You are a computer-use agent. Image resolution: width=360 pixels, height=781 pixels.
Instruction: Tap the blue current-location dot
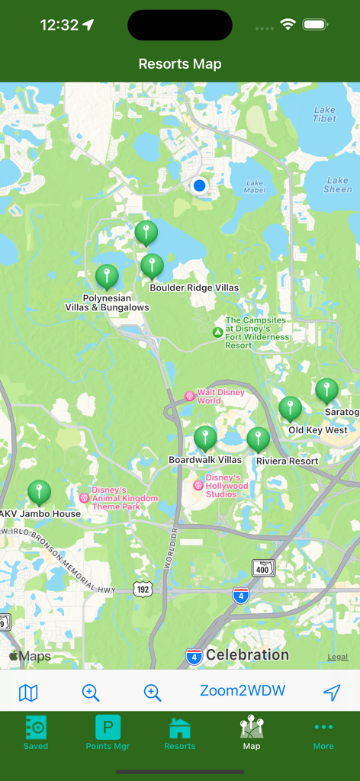(200, 185)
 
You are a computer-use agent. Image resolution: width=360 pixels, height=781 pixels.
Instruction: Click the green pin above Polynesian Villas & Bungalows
(107, 276)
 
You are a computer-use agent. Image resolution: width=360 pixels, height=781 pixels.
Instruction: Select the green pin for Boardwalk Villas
(205, 438)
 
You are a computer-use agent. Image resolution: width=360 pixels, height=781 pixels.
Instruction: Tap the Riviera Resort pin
(258, 439)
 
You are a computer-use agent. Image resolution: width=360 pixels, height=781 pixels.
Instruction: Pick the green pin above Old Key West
(290, 408)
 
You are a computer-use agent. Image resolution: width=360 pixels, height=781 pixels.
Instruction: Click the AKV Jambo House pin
(39, 492)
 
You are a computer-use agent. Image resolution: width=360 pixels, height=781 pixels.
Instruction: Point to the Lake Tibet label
(324, 114)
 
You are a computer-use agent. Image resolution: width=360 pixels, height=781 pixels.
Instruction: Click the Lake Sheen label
(337, 185)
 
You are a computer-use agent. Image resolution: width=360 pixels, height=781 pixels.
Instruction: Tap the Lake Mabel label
(254, 186)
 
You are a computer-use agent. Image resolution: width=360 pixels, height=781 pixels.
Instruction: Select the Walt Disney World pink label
(220, 396)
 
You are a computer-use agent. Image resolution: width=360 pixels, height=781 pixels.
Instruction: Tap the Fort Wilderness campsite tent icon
(217, 333)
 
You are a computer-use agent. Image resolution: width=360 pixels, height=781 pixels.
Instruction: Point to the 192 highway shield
(143, 589)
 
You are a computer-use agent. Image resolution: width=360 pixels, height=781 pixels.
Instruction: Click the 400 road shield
(263, 567)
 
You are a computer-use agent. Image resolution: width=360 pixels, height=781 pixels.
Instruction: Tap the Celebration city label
(247, 654)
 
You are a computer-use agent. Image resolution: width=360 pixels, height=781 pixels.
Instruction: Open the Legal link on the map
(337, 657)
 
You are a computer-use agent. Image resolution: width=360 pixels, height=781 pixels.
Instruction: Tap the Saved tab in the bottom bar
(36, 732)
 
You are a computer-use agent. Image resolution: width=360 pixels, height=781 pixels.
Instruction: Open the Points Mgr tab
(108, 732)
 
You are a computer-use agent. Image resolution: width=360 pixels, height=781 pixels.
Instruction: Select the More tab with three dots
(323, 732)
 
